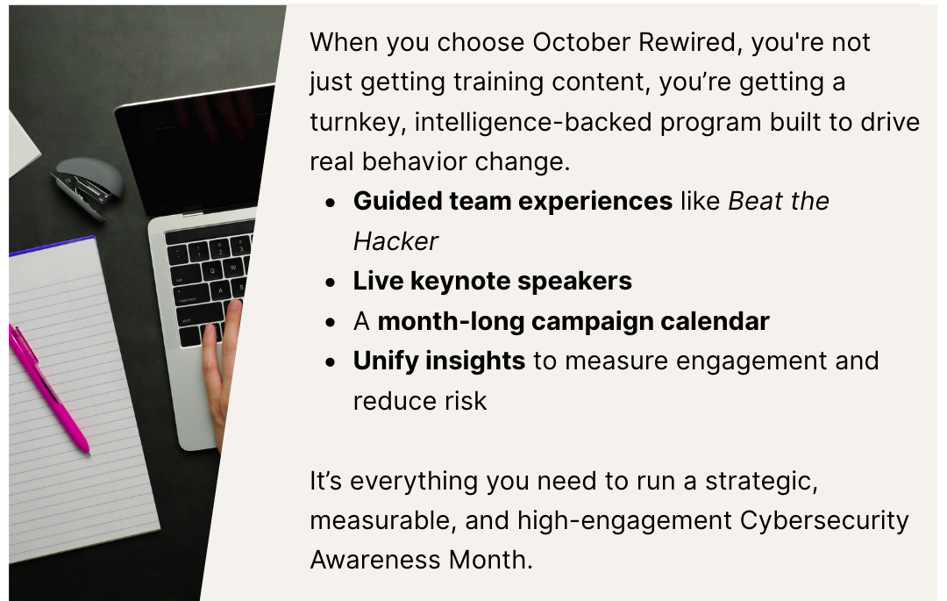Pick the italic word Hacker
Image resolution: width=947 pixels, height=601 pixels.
click(395, 241)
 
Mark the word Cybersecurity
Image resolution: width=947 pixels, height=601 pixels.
click(824, 520)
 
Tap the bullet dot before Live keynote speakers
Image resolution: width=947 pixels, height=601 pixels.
click(330, 283)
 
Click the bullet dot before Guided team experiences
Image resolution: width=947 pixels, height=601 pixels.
click(330, 203)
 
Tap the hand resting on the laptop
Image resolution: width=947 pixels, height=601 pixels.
click(224, 362)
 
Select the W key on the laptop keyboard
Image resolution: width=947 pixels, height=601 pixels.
click(232, 267)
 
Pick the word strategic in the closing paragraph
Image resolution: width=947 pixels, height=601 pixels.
click(761, 482)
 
